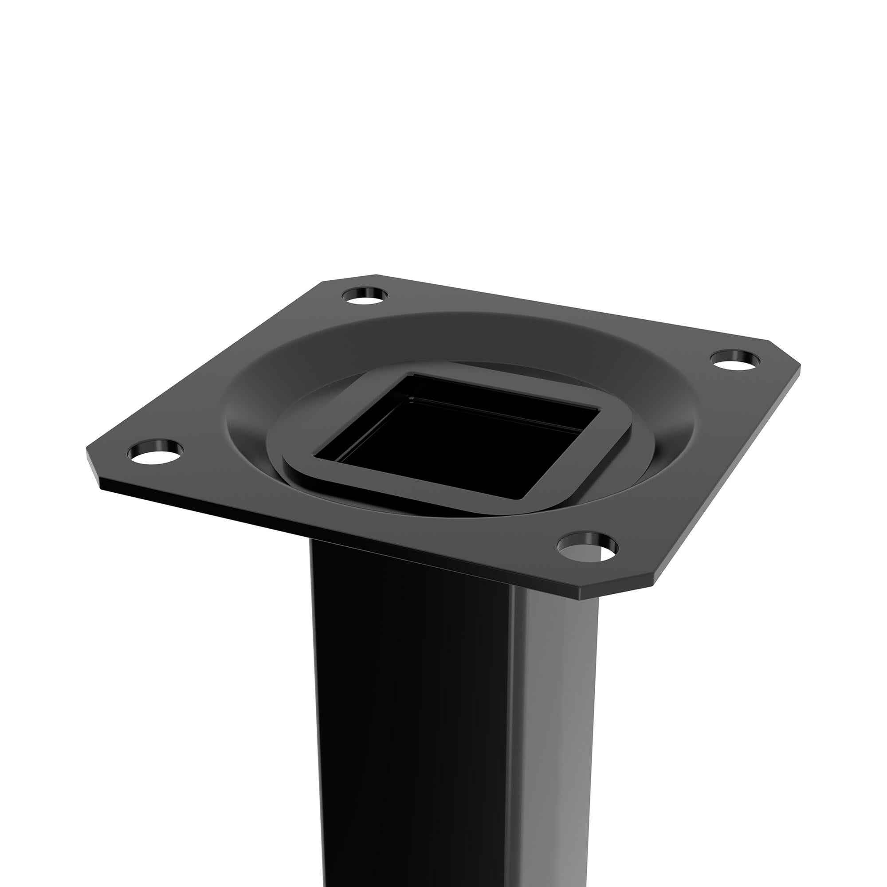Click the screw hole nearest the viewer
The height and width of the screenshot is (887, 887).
coord(587,547)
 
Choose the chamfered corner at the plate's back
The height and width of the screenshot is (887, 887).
coord(349,278)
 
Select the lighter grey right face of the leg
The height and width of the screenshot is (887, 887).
coord(556,734)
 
